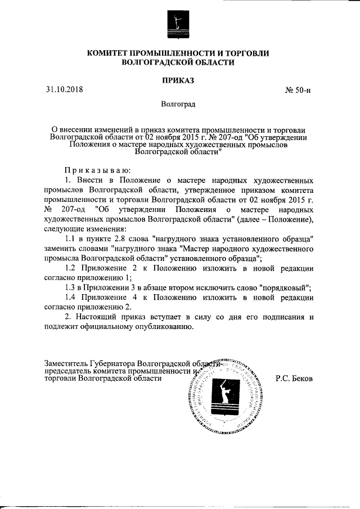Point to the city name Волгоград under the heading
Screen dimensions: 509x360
pyautogui.click(x=178, y=105)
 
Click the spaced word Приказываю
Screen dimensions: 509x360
pyautogui.click(x=97, y=169)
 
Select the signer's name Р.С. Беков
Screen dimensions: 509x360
pyautogui.click(x=294, y=379)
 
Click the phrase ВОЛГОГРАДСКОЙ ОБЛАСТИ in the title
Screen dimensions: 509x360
pyautogui.click(x=178, y=63)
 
